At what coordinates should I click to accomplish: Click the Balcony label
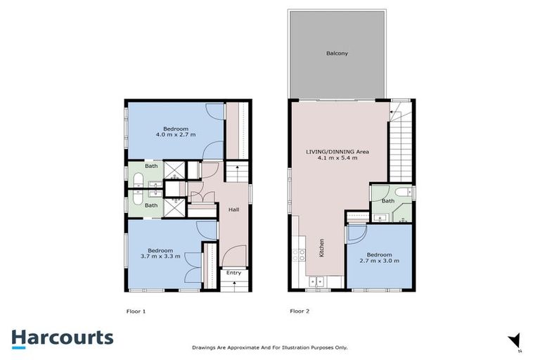(337, 53)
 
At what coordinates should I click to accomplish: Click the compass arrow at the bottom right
(514, 340)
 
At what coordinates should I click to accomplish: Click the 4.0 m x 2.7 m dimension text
(174, 135)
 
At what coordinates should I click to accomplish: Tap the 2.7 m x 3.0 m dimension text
(379, 261)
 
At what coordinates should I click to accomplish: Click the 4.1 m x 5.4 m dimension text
(337, 158)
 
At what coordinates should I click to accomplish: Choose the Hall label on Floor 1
(233, 209)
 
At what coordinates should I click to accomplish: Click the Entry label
(233, 273)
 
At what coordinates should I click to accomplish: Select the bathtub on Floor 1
(136, 177)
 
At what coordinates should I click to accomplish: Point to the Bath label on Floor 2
(387, 201)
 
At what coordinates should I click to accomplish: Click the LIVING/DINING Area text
(337, 151)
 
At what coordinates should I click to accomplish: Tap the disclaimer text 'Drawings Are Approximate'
(270, 347)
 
